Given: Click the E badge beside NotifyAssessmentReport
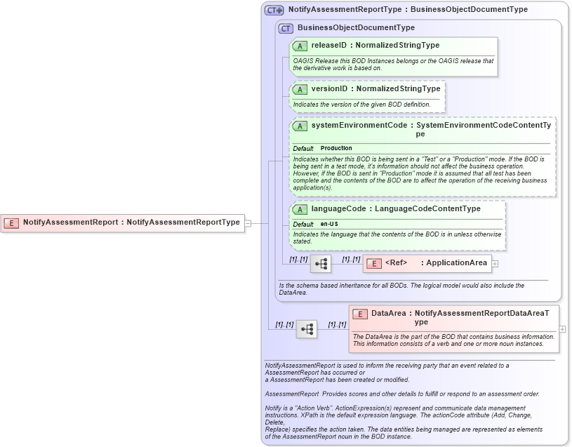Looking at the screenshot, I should pyautogui.click(x=11, y=222).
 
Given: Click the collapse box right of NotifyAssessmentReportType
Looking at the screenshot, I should pyautogui.click(x=247, y=223).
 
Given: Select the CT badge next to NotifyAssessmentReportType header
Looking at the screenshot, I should pyautogui.click(x=274, y=11).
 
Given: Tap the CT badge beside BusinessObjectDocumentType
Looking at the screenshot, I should pyautogui.click(x=286, y=28).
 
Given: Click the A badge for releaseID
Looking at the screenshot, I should pyautogui.click(x=300, y=46).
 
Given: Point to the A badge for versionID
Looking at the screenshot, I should pyautogui.click(x=300, y=90).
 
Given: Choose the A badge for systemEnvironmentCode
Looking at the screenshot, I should pyautogui.click(x=300, y=126).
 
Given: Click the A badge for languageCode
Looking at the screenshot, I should pyautogui.click(x=300, y=209).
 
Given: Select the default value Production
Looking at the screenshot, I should pyautogui.click(x=336, y=149).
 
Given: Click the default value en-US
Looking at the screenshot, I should pyautogui.click(x=329, y=224).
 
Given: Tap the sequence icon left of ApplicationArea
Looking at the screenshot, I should pyautogui.click(x=321, y=264).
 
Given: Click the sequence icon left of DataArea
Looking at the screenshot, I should pyautogui.click(x=306, y=328).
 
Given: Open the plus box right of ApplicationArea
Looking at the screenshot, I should pyautogui.click(x=495, y=264).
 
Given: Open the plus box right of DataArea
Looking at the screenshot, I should pyautogui.click(x=562, y=328).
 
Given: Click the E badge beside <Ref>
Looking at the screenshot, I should pyautogui.click(x=374, y=263).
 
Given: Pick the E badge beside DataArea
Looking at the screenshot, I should pyautogui.click(x=360, y=314).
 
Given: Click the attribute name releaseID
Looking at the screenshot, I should pyautogui.click(x=329, y=46).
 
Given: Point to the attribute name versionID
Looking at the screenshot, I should pyautogui.click(x=330, y=89).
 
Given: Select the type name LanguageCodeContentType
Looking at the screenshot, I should pyautogui.click(x=427, y=209).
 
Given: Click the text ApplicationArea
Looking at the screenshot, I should pyautogui.click(x=456, y=263).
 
